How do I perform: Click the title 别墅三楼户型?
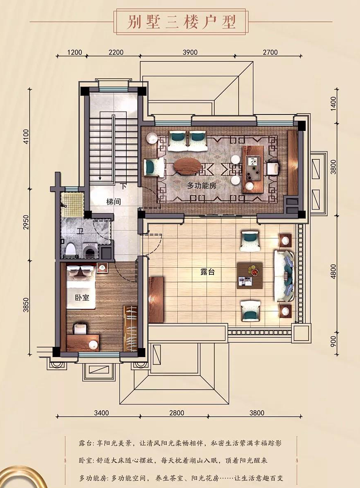coord(181,22)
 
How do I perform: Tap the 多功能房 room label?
coord(202,186)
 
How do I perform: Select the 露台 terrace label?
coord(207,272)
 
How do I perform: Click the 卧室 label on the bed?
coord(82,297)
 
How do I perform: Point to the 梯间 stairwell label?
coord(114,202)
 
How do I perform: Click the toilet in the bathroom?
coord(71,249)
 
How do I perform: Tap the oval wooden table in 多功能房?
coord(187,165)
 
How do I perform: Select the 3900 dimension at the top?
coord(190,52)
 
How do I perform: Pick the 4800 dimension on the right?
coord(334,271)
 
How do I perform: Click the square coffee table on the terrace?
coord(250,276)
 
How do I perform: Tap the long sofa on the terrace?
coord(284,276)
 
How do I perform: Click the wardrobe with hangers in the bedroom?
coord(130,328)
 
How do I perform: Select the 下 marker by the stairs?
coord(123,187)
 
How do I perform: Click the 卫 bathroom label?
coord(80,231)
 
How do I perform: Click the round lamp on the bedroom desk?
coord(93,345)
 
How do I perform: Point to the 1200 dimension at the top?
coord(74,52)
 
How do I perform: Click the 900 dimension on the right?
coord(334,342)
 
